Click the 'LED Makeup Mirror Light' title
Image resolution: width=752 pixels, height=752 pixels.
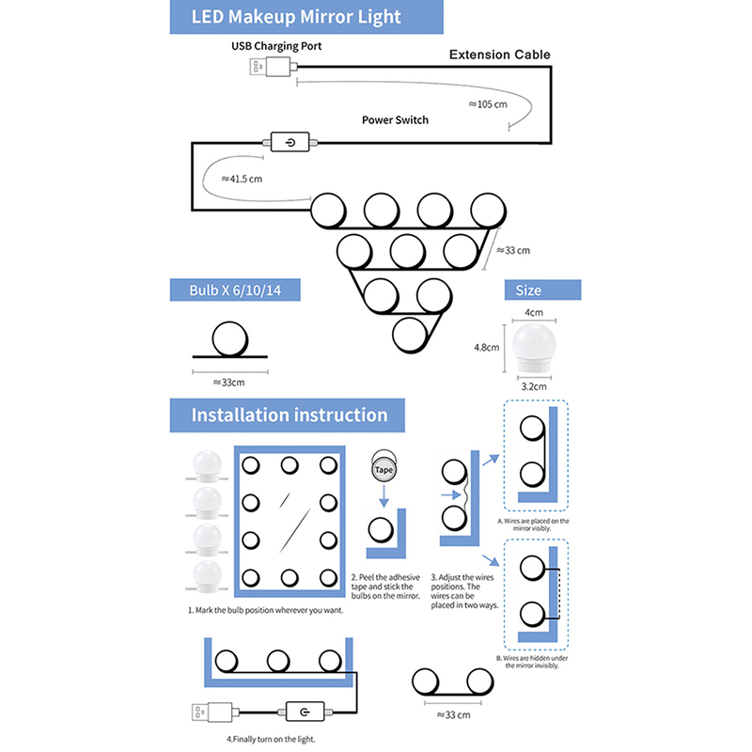[x=296, y=17]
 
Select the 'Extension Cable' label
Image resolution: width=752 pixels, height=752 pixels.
[x=499, y=55]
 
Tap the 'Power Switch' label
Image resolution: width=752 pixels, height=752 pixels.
[x=395, y=120]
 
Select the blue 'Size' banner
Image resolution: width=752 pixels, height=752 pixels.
[x=528, y=290]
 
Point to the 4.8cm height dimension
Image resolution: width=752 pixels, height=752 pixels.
[x=486, y=347]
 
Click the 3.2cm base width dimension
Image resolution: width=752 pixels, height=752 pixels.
[x=534, y=384]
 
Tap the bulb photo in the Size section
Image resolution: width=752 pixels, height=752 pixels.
[x=534, y=347]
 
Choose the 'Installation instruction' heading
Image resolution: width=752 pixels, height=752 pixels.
[x=290, y=415]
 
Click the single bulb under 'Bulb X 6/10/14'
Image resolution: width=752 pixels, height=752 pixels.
[x=227, y=338]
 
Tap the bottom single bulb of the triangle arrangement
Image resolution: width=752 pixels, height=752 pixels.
[x=411, y=334]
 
